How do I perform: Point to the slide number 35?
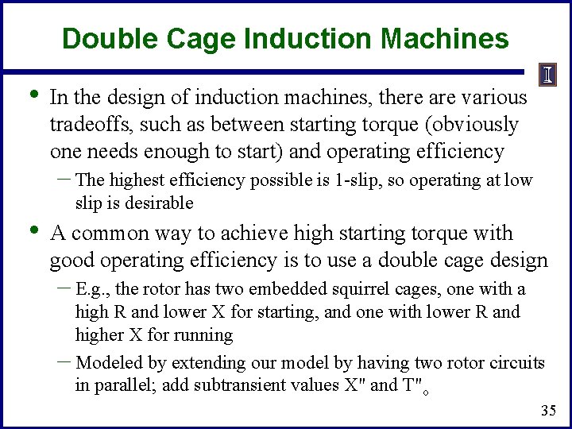[547, 411]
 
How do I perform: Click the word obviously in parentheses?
[476, 125]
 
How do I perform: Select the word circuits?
[514, 363]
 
